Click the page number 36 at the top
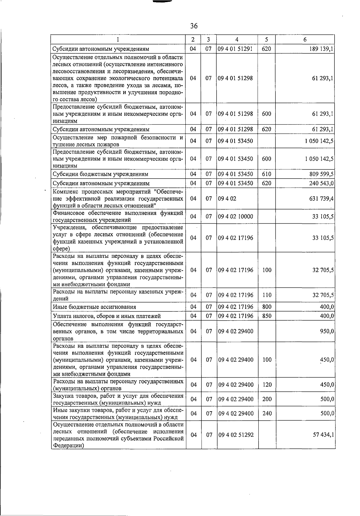click(194, 26)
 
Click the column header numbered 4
click(237, 39)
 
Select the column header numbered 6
click(305, 39)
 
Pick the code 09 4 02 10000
click(235, 216)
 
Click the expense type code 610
click(266, 174)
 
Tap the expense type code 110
click(267, 295)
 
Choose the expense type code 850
click(267, 316)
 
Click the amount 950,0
click(327, 331)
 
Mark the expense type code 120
click(267, 385)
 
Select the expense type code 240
click(267, 413)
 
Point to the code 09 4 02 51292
click(235, 435)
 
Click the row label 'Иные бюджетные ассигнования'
click(94, 307)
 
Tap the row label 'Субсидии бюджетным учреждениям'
click(100, 174)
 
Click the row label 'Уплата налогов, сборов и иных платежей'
click(106, 316)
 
